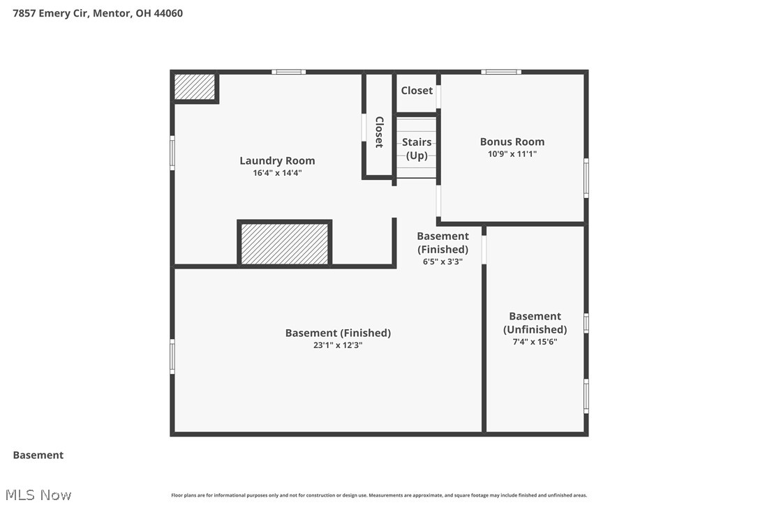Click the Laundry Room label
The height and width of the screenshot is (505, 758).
[x=277, y=160]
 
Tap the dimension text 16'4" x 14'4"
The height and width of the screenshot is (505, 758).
[x=277, y=173]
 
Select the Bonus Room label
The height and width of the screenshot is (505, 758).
[x=512, y=142]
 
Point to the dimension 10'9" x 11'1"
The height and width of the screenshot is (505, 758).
[x=512, y=154]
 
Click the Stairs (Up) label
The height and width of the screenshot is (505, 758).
[x=417, y=149]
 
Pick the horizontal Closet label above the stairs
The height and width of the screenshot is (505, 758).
[x=417, y=91]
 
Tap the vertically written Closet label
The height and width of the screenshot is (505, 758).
[x=379, y=132]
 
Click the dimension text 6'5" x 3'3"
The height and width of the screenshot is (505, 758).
[x=443, y=262]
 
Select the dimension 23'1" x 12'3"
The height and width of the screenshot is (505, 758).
[x=338, y=345]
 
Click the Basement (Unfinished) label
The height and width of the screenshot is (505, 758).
[x=535, y=322]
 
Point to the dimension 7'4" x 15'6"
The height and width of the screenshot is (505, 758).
[x=535, y=342]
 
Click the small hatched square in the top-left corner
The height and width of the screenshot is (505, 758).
[x=194, y=87]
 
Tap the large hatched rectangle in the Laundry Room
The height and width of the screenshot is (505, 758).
[x=284, y=243]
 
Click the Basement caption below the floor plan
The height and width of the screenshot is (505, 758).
[x=38, y=455]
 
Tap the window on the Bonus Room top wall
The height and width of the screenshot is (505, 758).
[x=500, y=71]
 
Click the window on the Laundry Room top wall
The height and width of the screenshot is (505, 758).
[x=288, y=71]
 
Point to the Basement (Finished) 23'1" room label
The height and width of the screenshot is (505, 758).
[x=338, y=333]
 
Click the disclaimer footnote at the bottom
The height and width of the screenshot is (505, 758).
[x=379, y=495]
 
